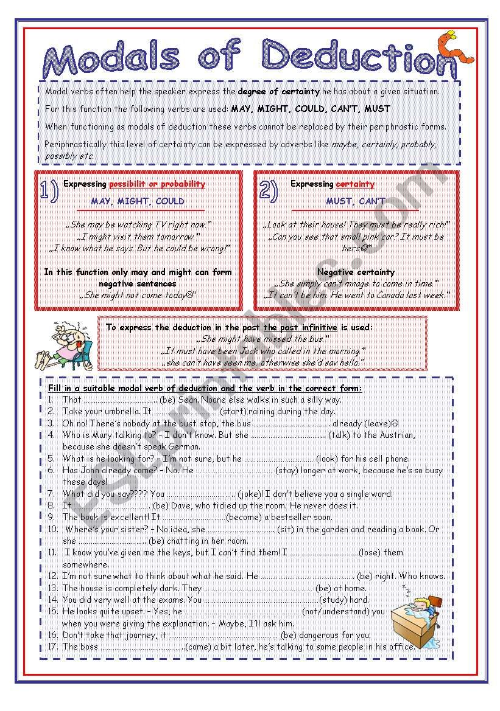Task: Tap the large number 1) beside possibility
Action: click(x=49, y=191)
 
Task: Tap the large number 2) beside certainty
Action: click(x=269, y=191)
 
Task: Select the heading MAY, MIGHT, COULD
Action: click(x=138, y=201)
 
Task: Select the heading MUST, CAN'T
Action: click(x=356, y=201)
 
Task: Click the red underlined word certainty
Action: click(x=355, y=184)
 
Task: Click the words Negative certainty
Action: click(x=356, y=272)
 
